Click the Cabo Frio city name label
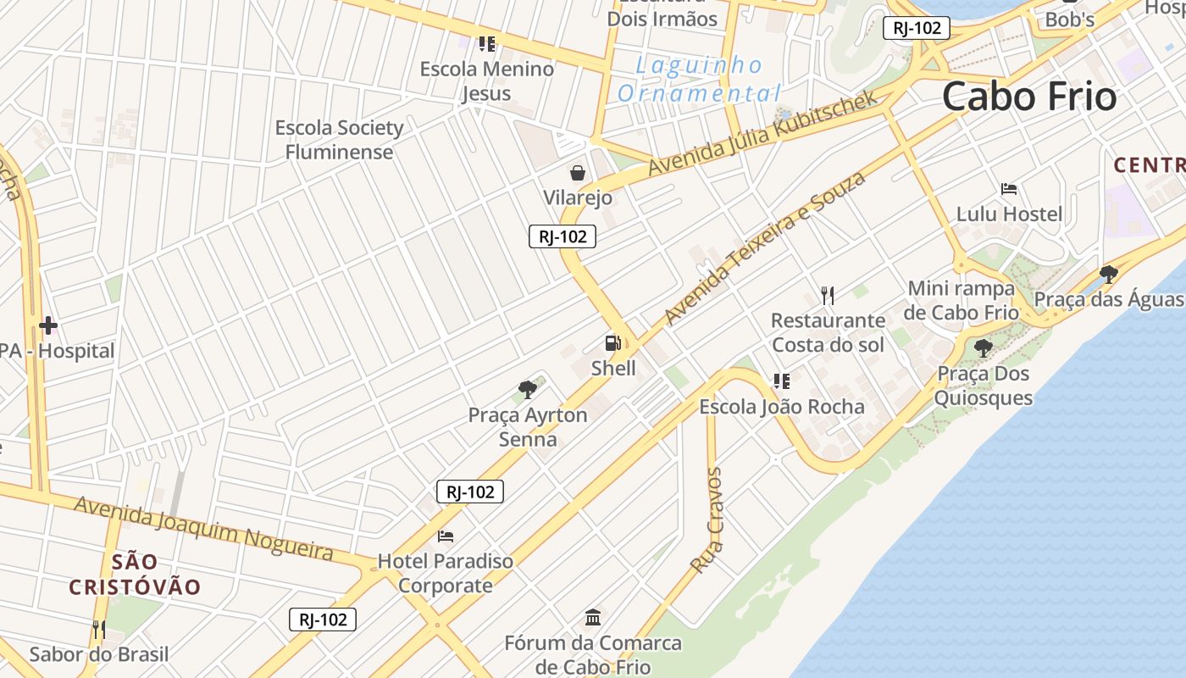pyautogui.click(x=1029, y=96)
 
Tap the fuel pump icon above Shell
pyautogui.click(x=612, y=343)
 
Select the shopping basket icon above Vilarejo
pyautogui.click(x=578, y=173)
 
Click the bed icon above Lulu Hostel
pyautogui.click(x=1008, y=188)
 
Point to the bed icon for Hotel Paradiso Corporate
pyautogui.click(x=446, y=536)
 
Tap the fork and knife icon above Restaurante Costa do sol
pyautogui.click(x=828, y=295)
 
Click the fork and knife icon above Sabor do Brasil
pyautogui.click(x=99, y=629)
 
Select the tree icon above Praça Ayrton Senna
pyautogui.click(x=528, y=390)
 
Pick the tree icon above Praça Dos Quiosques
pyautogui.click(x=983, y=347)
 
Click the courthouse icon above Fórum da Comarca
pyautogui.click(x=593, y=617)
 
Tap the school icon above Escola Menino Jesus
pyautogui.click(x=486, y=43)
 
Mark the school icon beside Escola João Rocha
pyautogui.click(x=781, y=381)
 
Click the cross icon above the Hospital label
pyautogui.click(x=48, y=325)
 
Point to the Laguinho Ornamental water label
pyautogui.click(x=699, y=79)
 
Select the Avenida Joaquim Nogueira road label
pyautogui.click(x=203, y=528)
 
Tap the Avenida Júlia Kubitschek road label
pyautogui.click(x=762, y=133)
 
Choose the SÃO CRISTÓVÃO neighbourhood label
pyautogui.click(x=135, y=574)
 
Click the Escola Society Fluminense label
pyautogui.click(x=339, y=140)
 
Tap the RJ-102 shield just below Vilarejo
pyautogui.click(x=563, y=236)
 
